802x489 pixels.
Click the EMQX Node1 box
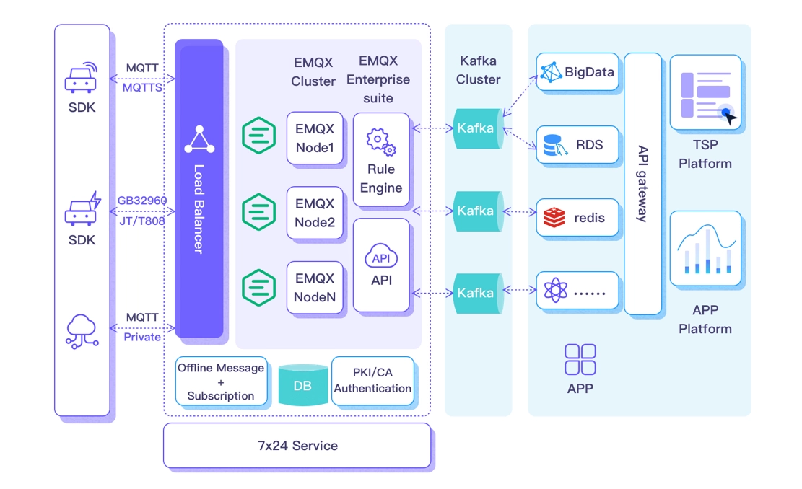(x=315, y=138)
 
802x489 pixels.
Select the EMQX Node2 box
(x=315, y=213)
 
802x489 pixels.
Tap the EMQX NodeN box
(x=315, y=287)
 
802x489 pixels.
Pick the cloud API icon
(x=381, y=257)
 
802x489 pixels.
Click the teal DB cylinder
(x=302, y=385)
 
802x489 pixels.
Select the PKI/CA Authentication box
(x=372, y=381)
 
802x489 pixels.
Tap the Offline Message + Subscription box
(x=221, y=381)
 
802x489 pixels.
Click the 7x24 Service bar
(x=297, y=446)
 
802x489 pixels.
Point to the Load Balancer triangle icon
(x=199, y=141)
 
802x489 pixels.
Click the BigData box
(x=577, y=71)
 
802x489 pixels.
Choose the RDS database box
(x=577, y=145)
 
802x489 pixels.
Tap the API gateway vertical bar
(x=642, y=184)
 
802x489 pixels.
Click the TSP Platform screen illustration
(x=705, y=92)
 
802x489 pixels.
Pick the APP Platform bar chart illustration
(x=705, y=248)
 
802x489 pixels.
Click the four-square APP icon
(x=580, y=359)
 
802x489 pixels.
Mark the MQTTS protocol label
(x=141, y=87)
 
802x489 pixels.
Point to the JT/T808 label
(x=141, y=221)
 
